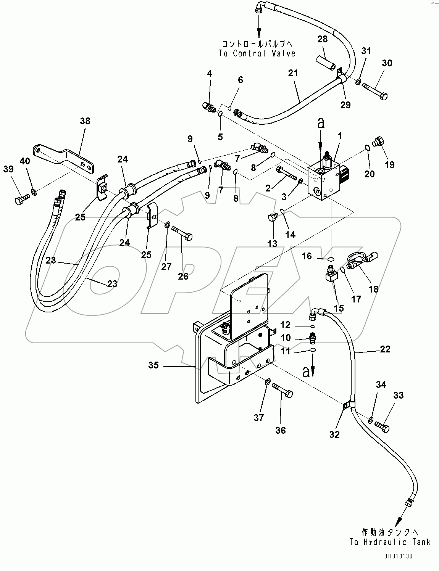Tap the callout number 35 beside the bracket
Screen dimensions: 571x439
(x=153, y=365)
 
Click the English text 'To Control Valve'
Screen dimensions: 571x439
(x=257, y=53)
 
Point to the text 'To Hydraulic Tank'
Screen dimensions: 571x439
(x=390, y=542)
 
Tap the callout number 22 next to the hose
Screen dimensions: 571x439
(x=385, y=349)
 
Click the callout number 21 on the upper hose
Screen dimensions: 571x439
(x=293, y=73)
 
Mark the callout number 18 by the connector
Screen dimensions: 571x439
(x=373, y=289)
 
